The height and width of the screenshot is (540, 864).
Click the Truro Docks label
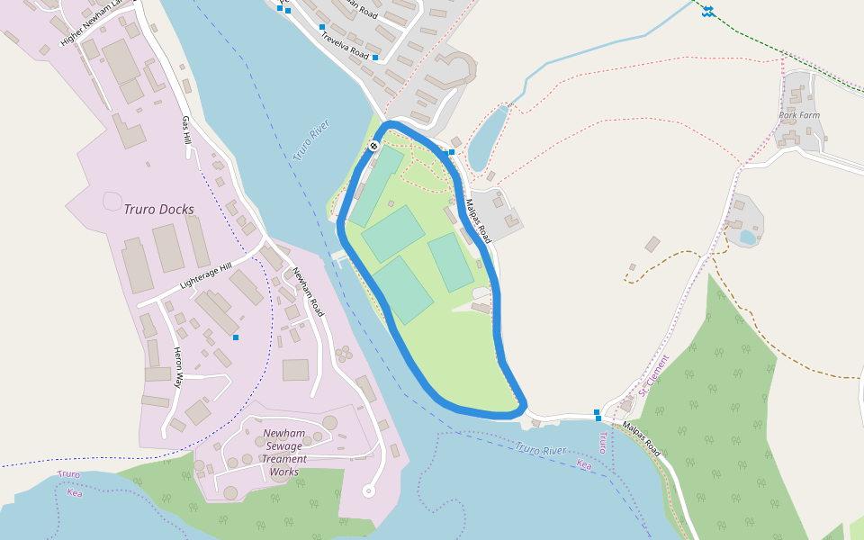coord(158,210)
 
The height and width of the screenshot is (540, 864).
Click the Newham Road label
coord(307,291)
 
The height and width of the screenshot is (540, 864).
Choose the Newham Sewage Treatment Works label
coord(284,453)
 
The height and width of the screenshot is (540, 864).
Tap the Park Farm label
coord(800,115)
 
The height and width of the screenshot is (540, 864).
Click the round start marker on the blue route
coord(373,146)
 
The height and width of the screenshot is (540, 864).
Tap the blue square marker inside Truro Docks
coord(236,337)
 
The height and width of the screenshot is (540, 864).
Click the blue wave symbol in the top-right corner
coord(708,11)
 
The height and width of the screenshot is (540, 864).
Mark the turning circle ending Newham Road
coord(367,490)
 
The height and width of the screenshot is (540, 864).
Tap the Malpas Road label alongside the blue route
coord(478,220)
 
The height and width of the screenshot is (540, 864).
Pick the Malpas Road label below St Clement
coord(641,437)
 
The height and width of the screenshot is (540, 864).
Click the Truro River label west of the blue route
coord(311,139)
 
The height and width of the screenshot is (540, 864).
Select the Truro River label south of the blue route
coord(541,449)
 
